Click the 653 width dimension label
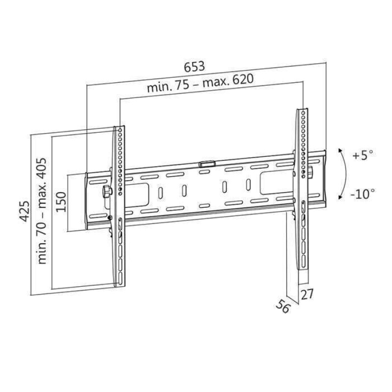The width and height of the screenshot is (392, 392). click(x=194, y=67)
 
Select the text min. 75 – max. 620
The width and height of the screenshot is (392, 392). click(x=200, y=83)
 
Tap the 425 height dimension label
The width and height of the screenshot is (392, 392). click(x=24, y=211)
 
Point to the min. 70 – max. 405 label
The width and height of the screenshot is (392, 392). click(x=42, y=211)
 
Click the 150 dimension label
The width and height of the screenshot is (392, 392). click(x=61, y=202)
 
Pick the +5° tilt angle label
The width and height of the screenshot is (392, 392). click(x=362, y=155)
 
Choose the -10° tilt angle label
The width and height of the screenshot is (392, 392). click(x=363, y=194)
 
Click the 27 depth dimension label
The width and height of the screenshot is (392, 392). click(x=307, y=294)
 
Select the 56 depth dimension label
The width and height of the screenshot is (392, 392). click(x=283, y=305)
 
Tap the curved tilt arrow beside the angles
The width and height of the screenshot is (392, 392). click(x=345, y=174)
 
